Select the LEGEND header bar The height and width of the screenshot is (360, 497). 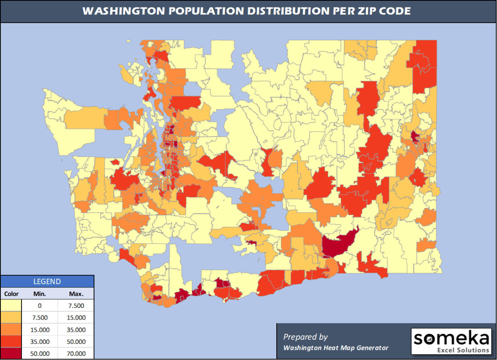click(x=47, y=282)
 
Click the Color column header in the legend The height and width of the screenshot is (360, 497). click(x=12, y=294)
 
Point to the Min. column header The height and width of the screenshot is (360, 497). click(x=40, y=294)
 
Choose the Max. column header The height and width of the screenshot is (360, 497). click(x=76, y=294)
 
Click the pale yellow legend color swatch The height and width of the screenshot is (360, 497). click(x=12, y=306)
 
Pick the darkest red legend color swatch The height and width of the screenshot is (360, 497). click(x=12, y=353)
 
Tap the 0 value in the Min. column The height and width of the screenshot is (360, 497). click(x=40, y=306)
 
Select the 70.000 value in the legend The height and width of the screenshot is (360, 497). click(x=76, y=354)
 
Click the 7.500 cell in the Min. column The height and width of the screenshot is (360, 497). click(x=40, y=318)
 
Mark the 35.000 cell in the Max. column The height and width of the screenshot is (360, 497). click(x=76, y=330)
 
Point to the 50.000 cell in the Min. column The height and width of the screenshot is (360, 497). click(x=40, y=354)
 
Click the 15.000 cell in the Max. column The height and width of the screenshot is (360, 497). click(x=76, y=318)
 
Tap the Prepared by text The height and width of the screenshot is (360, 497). click(x=305, y=336)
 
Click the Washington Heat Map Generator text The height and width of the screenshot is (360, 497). click(x=335, y=348)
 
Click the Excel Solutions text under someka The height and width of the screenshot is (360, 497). click(x=463, y=350)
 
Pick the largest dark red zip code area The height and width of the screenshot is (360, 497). click(x=338, y=243)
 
